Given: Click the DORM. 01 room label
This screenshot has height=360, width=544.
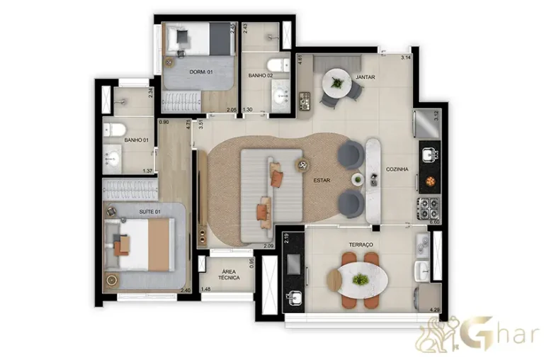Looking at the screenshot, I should [x=202, y=72].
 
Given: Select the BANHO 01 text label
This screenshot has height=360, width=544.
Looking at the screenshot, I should [x=136, y=140].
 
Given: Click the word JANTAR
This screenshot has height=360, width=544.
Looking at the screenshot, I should [x=365, y=77].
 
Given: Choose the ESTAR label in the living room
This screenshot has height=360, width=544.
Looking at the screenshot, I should [x=322, y=181].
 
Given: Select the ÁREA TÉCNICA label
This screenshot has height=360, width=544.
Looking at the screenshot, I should [x=228, y=275].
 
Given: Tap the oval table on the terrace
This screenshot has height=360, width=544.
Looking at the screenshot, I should [x=361, y=279].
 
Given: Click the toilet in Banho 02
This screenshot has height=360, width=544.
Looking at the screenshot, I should [x=282, y=66].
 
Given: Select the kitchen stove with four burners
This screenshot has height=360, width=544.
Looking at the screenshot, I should [x=430, y=206].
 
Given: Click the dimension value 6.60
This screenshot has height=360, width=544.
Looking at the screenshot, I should [x=435, y=223].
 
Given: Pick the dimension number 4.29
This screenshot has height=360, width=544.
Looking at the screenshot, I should [x=435, y=309].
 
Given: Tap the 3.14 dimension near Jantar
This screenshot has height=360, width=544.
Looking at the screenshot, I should [x=406, y=57].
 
